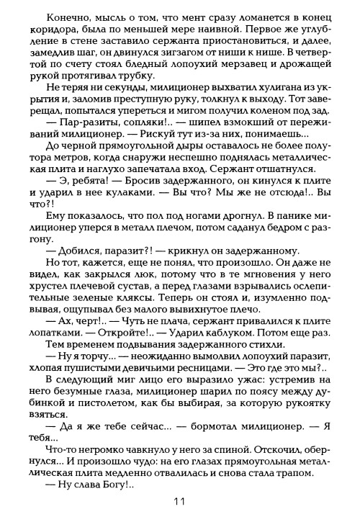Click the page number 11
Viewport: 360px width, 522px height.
pyautogui.click(x=181, y=501)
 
